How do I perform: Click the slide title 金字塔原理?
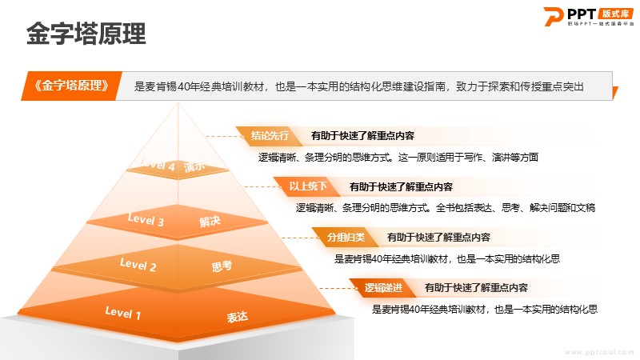(86, 33)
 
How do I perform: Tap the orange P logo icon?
(553, 16)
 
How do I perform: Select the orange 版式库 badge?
(615, 14)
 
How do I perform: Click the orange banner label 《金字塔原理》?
(71, 86)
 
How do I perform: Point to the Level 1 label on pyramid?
(123, 313)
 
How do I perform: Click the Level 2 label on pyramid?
(138, 265)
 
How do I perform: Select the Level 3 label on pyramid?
(146, 219)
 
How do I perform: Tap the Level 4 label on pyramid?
(157, 165)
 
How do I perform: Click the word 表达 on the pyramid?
(237, 317)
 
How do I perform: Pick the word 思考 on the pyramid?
(222, 266)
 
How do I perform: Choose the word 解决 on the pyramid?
(210, 222)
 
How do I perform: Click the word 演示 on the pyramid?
(194, 166)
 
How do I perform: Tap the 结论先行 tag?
(270, 135)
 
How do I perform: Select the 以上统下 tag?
(308, 186)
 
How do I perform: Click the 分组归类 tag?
(346, 237)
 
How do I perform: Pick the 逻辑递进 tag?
(383, 288)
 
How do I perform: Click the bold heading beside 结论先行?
(362, 135)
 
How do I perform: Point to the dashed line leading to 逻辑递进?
(338, 288)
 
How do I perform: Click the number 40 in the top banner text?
(183, 86)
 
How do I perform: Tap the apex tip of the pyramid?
(178, 102)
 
